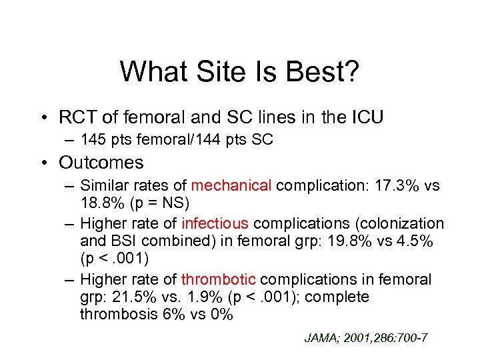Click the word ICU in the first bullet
[x=364, y=117]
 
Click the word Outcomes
[x=101, y=162]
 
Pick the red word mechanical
[x=231, y=185]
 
